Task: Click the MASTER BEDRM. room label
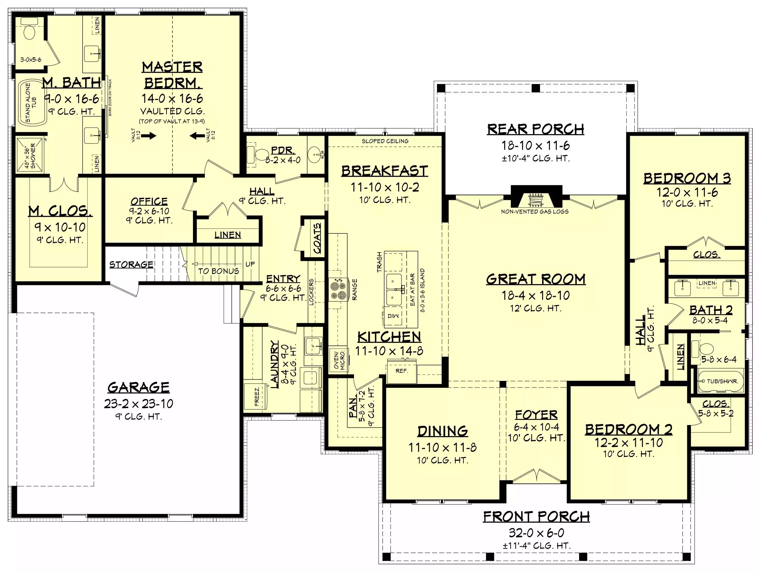(172, 75)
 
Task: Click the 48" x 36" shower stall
(30, 155)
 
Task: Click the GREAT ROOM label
(536, 279)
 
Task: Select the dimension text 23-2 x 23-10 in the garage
(139, 404)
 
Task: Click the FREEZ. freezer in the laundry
(256, 396)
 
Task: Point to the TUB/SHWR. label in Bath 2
(722, 381)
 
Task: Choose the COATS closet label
(317, 238)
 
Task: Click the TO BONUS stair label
(218, 271)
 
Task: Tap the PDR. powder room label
(282, 150)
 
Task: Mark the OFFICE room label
(149, 201)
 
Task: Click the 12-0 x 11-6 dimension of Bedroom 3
(687, 192)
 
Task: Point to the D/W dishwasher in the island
(393, 316)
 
